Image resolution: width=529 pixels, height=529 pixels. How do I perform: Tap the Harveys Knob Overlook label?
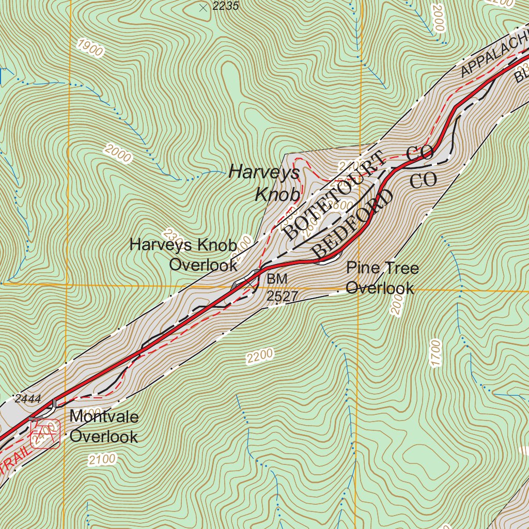click(x=183, y=255)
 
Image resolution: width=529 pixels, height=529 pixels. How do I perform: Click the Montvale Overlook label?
click(x=104, y=426)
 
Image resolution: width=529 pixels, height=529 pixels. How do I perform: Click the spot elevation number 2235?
click(x=226, y=6)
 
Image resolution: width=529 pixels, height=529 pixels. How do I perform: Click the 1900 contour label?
click(x=89, y=48)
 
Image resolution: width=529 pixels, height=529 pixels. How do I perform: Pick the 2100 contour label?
click(x=102, y=459)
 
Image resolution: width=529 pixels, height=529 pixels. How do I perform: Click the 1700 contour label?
click(x=435, y=353)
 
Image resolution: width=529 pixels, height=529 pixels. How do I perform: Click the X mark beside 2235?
click(x=203, y=7)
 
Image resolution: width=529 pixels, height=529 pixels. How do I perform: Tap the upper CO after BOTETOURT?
click(x=419, y=153)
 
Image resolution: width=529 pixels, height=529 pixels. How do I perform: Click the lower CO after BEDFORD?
click(x=424, y=180)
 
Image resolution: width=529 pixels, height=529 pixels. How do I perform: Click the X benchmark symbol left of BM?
click(x=251, y=282)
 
